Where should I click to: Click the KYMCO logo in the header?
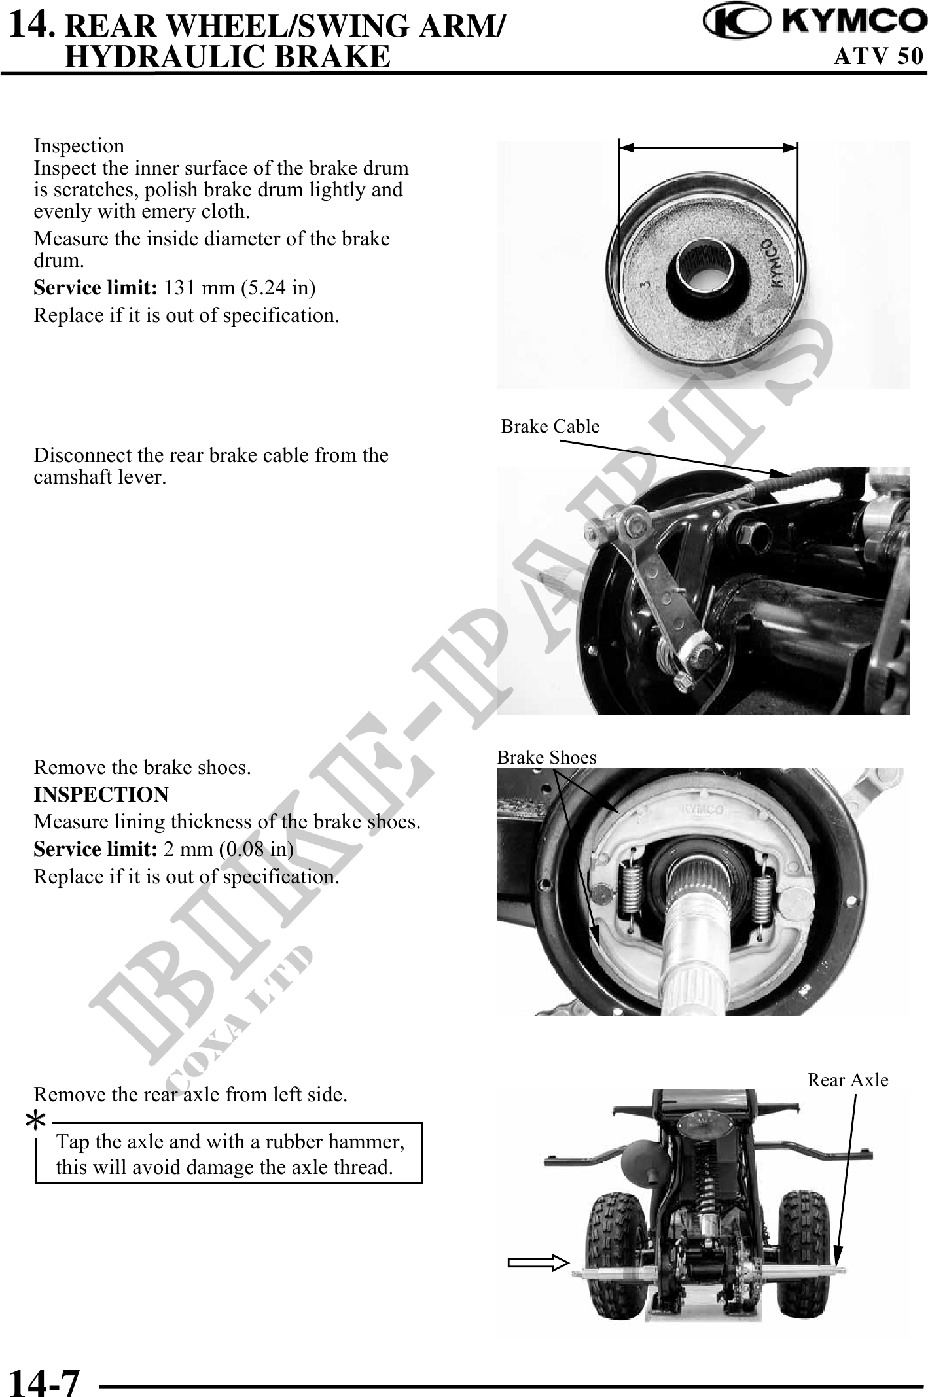(x=814, y=23)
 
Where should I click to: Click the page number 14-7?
(x=44, y=1379)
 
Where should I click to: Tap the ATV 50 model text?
(x=878, y=56)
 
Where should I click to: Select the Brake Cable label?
(x=550, y=427)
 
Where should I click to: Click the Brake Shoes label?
(x=546, y=758)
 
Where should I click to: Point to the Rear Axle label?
(x=848, y=1080)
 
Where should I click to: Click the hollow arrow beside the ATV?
(x=538, y=1262)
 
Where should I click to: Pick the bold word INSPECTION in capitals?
(x=101, y=794)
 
